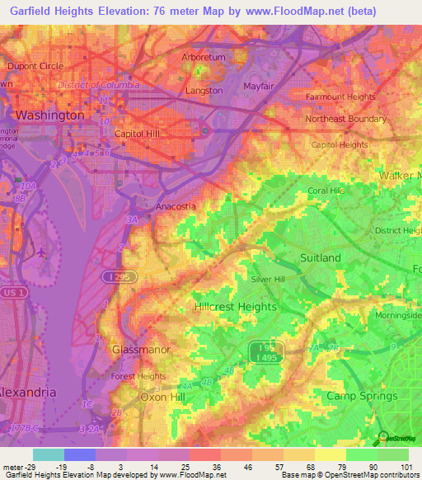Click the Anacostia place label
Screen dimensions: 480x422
click(x=176, y=206)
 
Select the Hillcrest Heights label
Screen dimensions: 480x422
click(x=235, y=306)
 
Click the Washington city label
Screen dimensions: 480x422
click(x=49, y=115)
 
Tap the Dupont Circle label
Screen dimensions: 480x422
click(x=35, y=66)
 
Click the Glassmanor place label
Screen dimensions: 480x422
click(x=140, y=350)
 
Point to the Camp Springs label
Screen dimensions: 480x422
click(x=362, y=396)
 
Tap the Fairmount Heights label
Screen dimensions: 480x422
click(x=340, y=96)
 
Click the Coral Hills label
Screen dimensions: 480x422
click(x=326, y=191)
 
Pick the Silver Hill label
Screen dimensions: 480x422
click(x=272, y=280)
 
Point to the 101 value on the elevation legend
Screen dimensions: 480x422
click(x=406, y=467)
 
